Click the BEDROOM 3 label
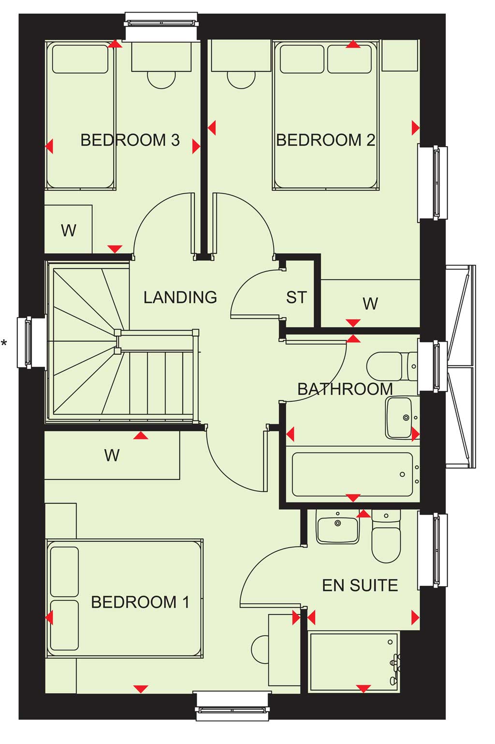point(130,140)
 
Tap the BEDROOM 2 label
point(325,140)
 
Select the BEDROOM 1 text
point(140,602)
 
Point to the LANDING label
point(180,297)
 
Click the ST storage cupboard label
point(296,298)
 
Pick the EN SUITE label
point(360,586)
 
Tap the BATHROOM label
point(345,389)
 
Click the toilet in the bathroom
point(392,366)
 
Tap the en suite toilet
point(386,535)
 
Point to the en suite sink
point(337,527)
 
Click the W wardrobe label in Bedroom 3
point(69,230)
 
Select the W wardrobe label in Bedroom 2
point(370,304)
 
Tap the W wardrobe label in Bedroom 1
point(112,456)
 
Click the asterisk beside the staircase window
point(4,343)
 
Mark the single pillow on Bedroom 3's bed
point(80,59)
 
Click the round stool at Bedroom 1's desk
point(260,650)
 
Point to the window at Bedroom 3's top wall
point(161,27)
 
